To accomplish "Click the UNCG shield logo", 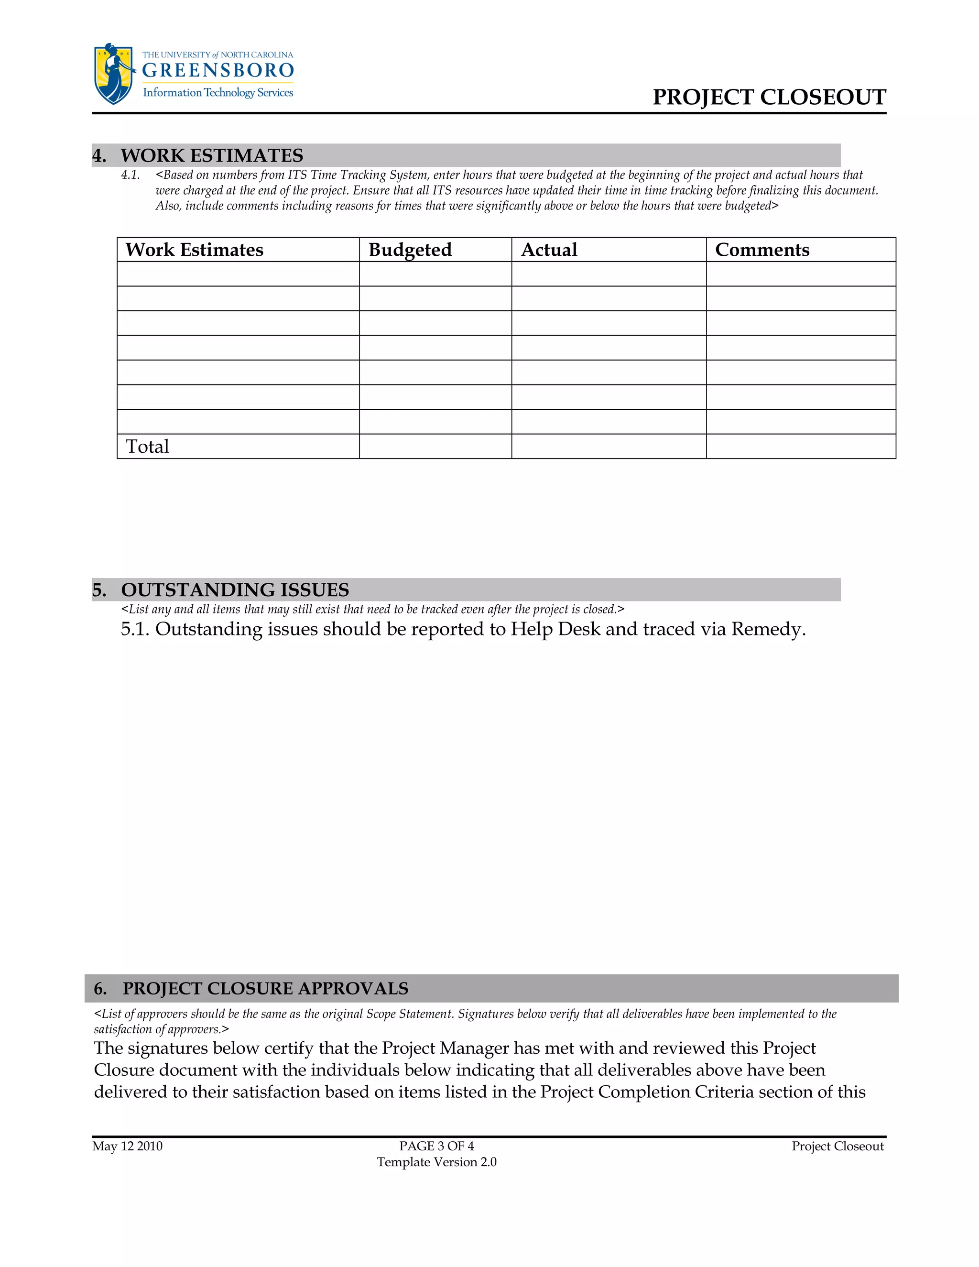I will click(114, 74).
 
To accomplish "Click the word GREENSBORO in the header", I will click(218, 71).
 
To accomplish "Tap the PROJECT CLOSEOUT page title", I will click(769, 97).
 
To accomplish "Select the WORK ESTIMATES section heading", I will click(212, 155).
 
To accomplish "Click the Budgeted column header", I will click(410, 250).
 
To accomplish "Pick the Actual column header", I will click(549, 250).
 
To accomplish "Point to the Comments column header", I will click(761, 250).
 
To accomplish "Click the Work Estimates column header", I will click(194, 250).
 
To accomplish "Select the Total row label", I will click(147, 447).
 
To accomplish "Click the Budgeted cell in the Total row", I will click(435, 447).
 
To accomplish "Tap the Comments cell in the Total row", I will click(800, 447).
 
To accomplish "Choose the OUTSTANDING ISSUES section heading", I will click(234, 590).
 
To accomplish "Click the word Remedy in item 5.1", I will click(767, 630).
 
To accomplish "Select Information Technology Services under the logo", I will click(218, 93).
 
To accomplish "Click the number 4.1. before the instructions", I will click(131, 175).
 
